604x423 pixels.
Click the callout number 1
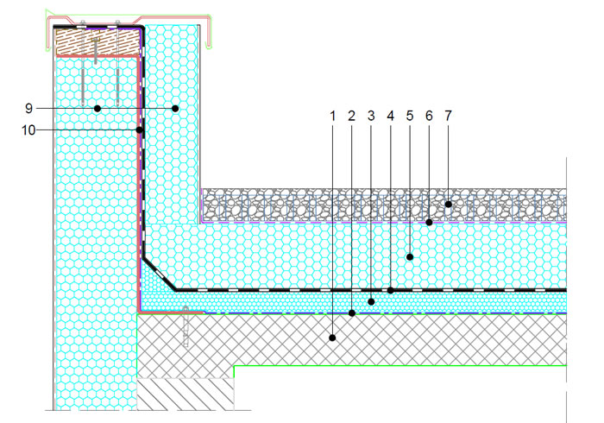(x=333, y=116)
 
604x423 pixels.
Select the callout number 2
(x=351, y=116)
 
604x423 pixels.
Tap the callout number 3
(x=371, y=116)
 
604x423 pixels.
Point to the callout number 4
(x=391, y=116)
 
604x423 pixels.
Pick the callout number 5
(x=410, y=116)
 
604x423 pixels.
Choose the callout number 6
(x=429, y=116)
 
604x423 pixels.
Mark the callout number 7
(x=448, y=116)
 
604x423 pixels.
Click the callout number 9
(x=28, y=108)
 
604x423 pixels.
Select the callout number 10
(x=28, y=130)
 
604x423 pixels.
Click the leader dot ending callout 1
(x=332, y=338)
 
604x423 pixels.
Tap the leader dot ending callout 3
(x=371, y=301)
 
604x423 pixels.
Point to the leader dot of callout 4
(x=391, y=290)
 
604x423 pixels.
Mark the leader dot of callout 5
(x=410, y=257)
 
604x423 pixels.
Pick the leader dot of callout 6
(x=429, y=222)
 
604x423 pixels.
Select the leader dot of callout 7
(x=449, y=205)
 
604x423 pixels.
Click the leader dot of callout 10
(x=140, y=130)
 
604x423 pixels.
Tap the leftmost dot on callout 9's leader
(x=98, y=109)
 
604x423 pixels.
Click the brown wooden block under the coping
(x=98, y=41)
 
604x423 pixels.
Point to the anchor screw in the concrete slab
(x=186, y=326)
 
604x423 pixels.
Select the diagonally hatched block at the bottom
(x=186, y=395)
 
